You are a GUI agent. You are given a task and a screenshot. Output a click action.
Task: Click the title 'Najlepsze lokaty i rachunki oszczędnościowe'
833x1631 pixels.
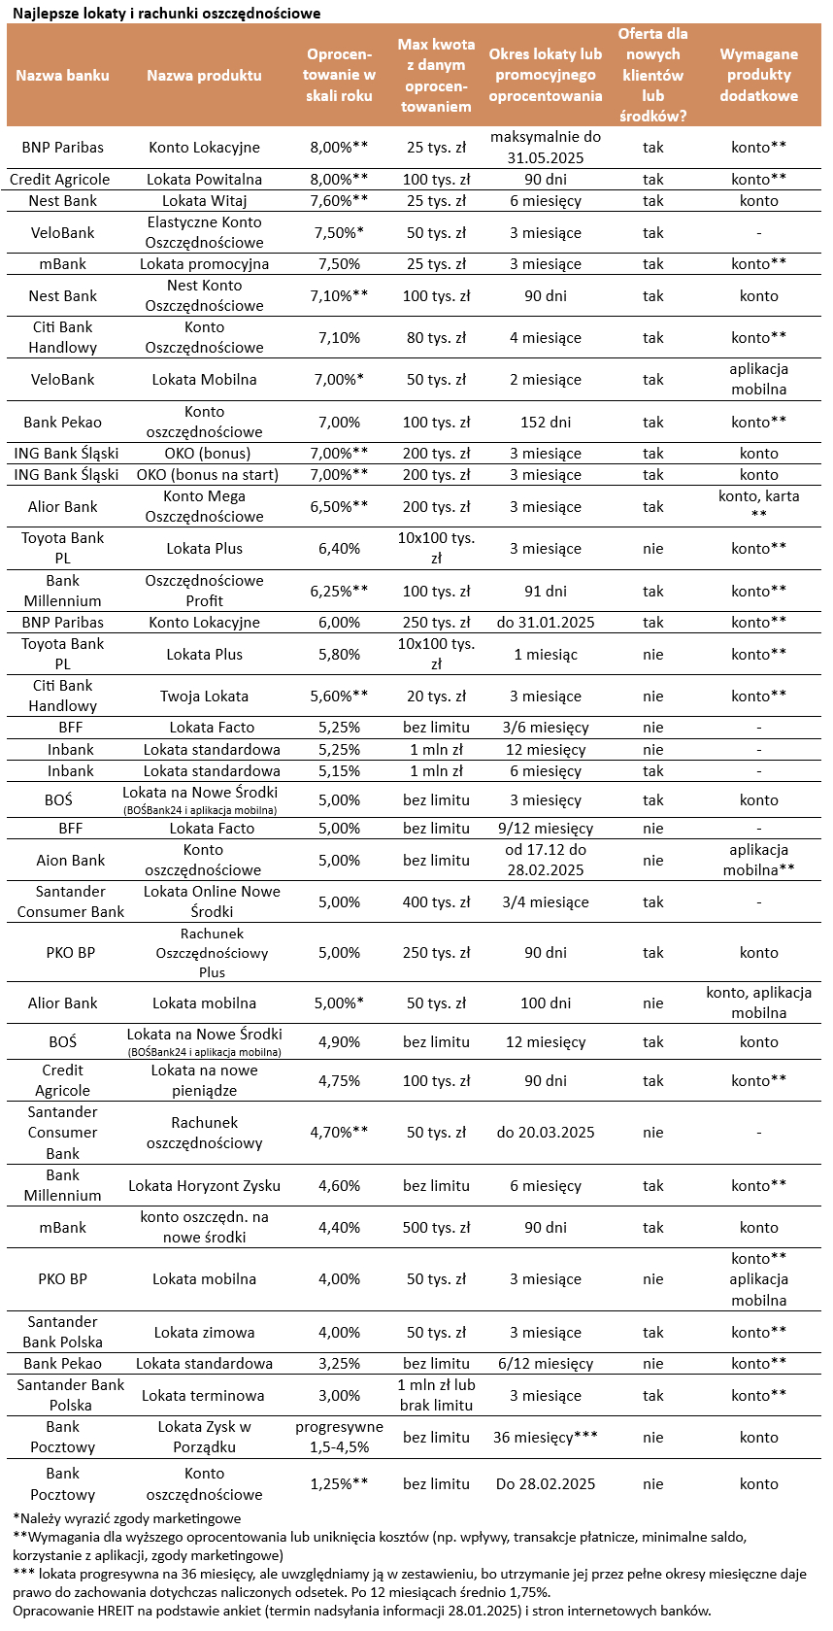coord(166,14)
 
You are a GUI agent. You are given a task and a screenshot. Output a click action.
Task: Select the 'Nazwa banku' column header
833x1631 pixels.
coord(62,75)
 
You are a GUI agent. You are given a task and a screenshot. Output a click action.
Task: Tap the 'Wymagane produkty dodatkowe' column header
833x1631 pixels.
coord(758,75)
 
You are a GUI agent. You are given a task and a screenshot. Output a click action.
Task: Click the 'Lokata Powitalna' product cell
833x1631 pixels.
coord(204,179)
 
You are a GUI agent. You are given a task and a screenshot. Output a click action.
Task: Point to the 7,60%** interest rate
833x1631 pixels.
coord(339,200)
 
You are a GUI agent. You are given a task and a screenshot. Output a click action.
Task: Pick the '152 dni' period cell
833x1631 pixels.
coord(546,422)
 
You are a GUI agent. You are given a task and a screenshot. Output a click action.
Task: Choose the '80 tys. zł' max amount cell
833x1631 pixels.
coord(436,337)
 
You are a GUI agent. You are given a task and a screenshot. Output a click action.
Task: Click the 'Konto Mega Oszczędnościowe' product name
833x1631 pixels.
coord(204,506)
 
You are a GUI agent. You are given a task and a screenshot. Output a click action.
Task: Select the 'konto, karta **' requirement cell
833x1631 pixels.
coord(758,505)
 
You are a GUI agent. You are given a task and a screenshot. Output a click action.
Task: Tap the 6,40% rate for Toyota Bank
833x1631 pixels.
coord(339,548)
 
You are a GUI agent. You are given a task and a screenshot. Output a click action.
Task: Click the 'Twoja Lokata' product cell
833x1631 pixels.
coord(204,696)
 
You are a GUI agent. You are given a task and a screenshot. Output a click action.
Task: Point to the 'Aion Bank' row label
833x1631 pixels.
coord(62,860)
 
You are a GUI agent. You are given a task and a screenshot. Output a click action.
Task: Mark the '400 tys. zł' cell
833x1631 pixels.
coord(436,901)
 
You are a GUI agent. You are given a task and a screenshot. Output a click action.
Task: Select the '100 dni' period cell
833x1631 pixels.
coord(546,1002)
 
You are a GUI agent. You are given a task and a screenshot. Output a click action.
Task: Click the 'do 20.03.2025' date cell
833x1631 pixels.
coord(546,1132)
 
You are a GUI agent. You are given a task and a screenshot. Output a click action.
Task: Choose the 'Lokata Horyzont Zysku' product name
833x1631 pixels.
coord(204,1185)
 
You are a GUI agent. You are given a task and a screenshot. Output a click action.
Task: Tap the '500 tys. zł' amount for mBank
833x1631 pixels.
coord(436,1227)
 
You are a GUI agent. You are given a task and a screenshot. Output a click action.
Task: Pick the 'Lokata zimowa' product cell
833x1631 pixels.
coord(204,1332)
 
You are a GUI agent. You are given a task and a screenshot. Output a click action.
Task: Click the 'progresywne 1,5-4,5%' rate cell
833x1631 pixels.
coord(339,1437)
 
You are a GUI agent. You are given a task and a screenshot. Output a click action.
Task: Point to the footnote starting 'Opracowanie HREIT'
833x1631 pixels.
coord(361,1611)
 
